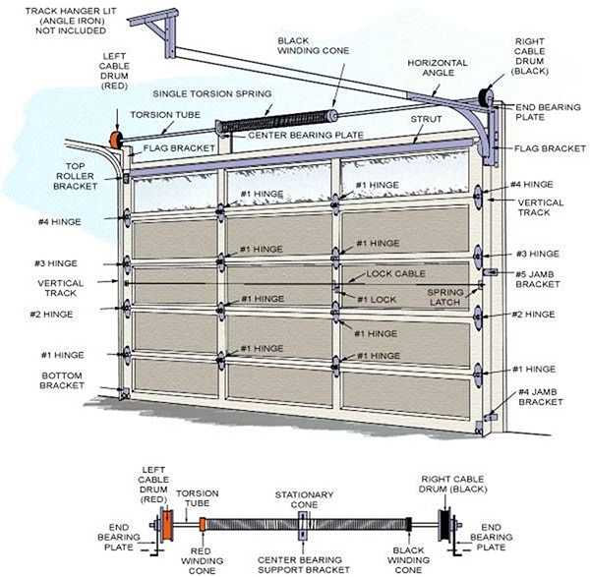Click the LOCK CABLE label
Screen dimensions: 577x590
pyautogui.click(x=393, y=273)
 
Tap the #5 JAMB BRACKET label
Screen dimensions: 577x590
pyautogui.click(x=537, y=279)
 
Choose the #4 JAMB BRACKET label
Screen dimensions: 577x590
pyautogui.click(x=540, y=396)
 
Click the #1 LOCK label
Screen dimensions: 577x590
pyautogui.click(x=376, y=299)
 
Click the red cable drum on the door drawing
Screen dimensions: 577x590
pyautogui.click(x=117, y=141)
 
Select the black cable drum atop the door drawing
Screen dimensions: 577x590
pyautogui.click(x=484, y=96)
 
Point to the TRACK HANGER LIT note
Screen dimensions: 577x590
pyautogui.click(x=55, y=17)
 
